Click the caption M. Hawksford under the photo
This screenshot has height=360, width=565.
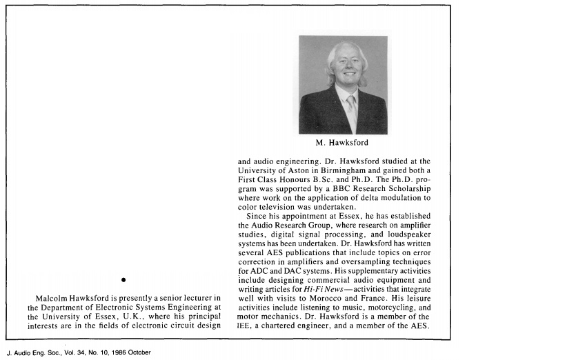(343, 143)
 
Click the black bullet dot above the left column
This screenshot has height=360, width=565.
(122, 279)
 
